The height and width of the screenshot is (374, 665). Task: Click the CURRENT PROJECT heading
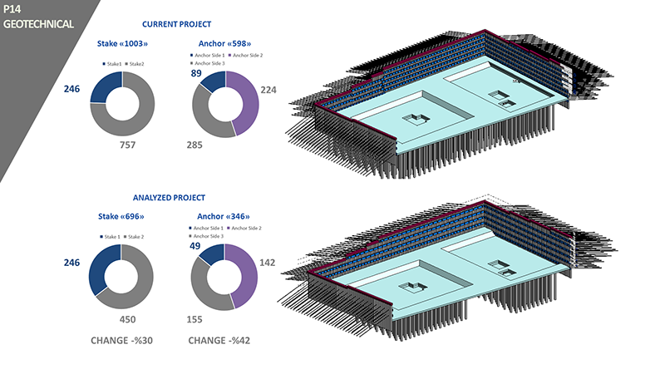pos(176,24)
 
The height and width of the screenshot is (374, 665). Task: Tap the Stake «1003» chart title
pos(122,44)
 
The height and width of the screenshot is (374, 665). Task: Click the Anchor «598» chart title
pos(224,44)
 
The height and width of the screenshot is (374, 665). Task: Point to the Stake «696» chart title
pos(121,216)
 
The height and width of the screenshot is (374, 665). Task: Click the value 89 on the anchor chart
pos(198,74)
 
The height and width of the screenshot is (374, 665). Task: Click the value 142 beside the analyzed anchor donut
pos(268,263)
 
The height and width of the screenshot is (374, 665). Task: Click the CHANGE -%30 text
pos(122,341)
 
